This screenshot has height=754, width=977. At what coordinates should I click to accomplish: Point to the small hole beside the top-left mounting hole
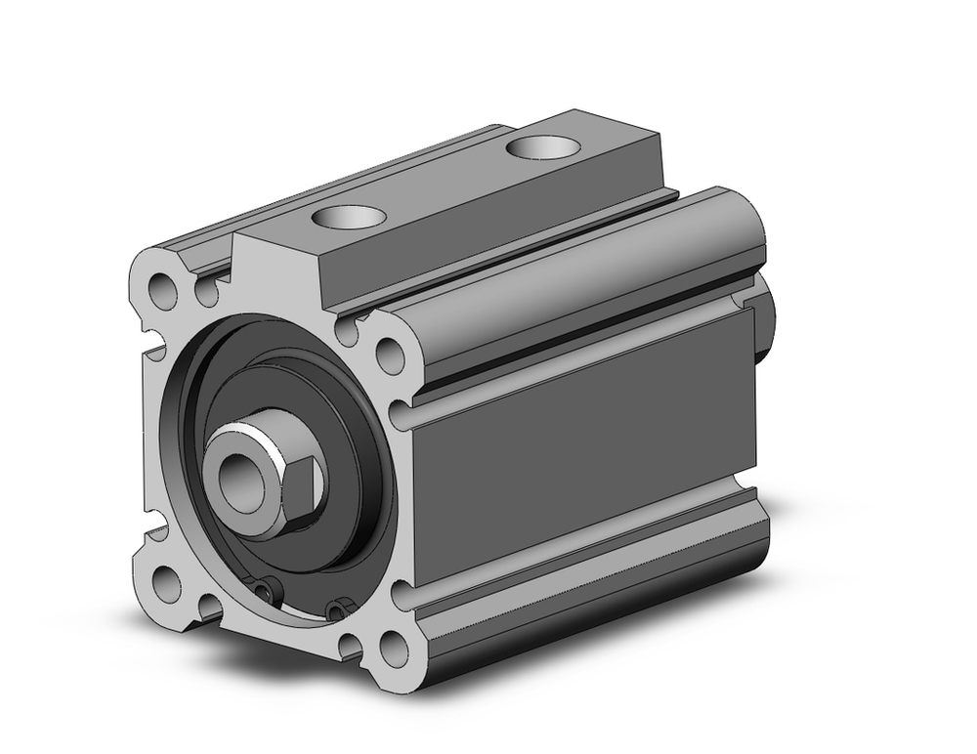(205, 290)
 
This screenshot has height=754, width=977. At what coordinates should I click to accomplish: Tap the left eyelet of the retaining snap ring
(266, 589)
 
